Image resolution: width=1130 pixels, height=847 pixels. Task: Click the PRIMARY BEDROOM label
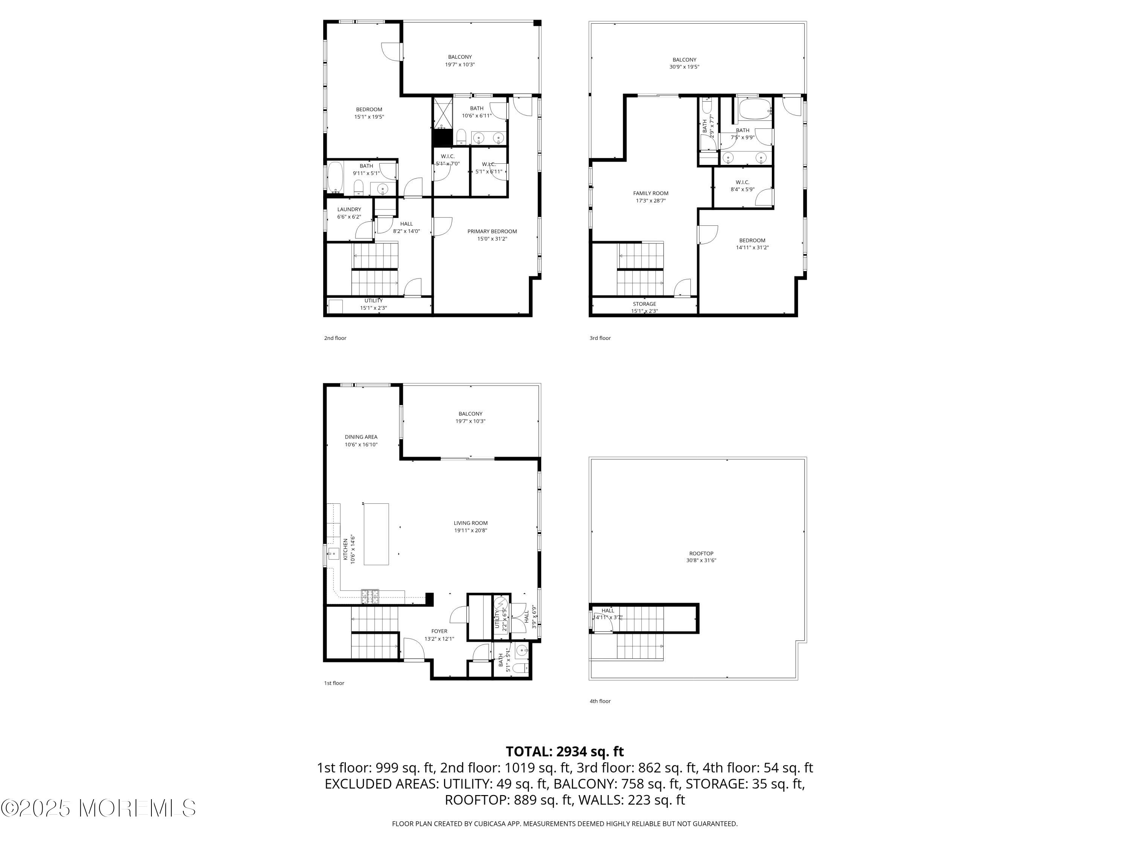tap(492, 231)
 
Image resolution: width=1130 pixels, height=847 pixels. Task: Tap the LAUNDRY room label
tap(349, 209)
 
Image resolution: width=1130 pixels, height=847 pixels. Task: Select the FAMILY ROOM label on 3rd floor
tap(650, 193)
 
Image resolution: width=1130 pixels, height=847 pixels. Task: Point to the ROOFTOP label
tap(701, 553)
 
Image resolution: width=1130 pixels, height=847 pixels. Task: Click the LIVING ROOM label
tap(470, 523)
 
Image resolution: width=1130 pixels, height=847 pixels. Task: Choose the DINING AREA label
tap(361, 437)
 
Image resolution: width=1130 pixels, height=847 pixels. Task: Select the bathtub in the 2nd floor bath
tap(335, 177)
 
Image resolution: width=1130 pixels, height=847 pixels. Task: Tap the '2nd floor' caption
tap(335, 338)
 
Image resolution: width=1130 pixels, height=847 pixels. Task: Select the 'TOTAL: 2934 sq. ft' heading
tap(565, 751)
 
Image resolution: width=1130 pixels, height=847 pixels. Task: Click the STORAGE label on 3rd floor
tap(644, 304)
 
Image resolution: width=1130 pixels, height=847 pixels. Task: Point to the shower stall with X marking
tap(443, 113)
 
